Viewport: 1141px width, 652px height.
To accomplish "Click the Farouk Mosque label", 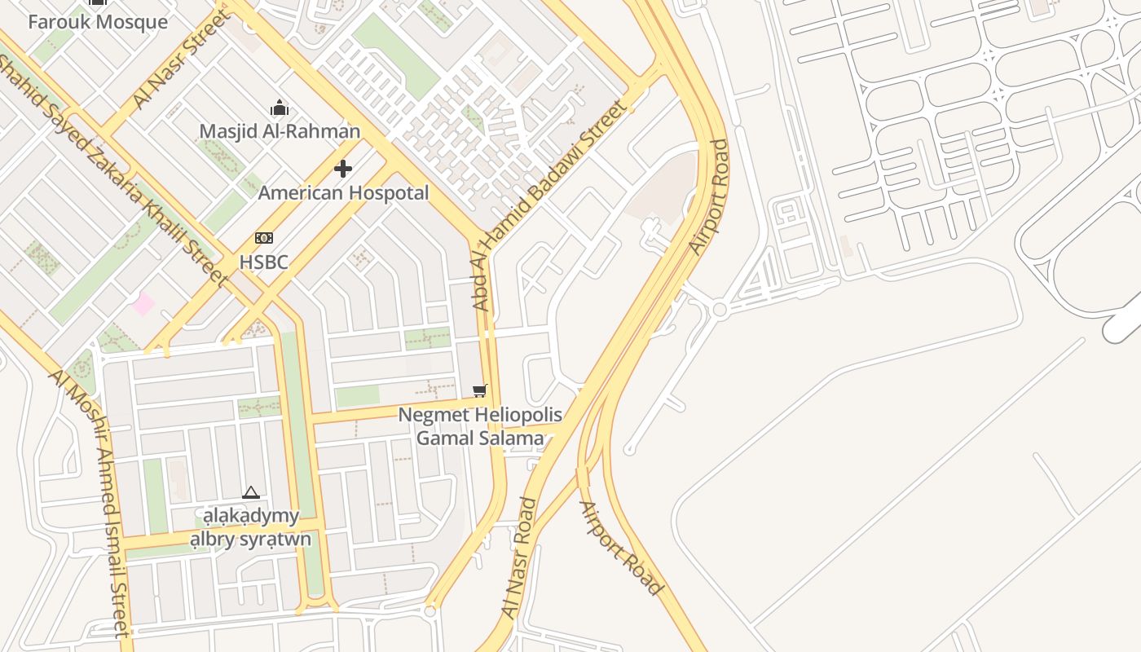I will click(98, 21).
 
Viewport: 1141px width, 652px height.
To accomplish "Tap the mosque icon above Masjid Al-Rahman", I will click(280, 108).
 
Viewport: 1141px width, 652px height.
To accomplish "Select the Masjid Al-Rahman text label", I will click(280, 131).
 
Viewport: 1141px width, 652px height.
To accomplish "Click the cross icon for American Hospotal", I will click(343, 169).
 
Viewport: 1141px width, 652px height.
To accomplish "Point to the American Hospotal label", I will click(343, 193).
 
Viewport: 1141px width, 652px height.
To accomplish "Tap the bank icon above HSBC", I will click(263, 238).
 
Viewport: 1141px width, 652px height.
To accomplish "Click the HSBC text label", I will click(263, 262).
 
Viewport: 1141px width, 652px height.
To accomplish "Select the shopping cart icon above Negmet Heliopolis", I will click(479, 391).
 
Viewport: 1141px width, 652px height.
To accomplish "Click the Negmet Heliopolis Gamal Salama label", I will click(480, 426).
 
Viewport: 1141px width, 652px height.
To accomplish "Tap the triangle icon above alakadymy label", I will click(251, 492).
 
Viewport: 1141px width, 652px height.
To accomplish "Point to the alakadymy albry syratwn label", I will click(251, 527).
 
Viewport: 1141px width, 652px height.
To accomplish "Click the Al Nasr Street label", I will click(181, 59).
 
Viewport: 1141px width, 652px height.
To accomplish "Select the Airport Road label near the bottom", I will click(620, 548).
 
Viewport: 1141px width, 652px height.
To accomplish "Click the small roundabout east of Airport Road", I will click(719, 310).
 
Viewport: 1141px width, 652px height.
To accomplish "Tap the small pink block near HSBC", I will click(144, 304).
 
